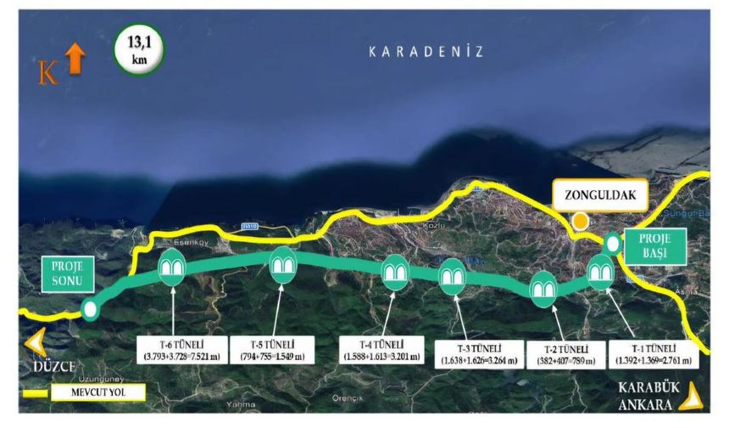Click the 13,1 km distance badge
click(137, 49)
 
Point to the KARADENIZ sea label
click(426, 52)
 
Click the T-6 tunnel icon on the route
click(173, 267)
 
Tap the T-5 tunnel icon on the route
click(283, 266)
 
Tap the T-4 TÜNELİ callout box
click(381, 350)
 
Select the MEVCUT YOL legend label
click(97, 393)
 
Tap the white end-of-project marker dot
click(90, 309)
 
